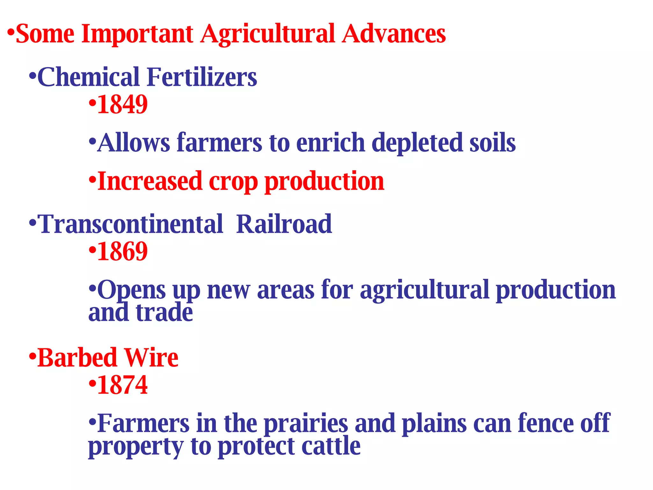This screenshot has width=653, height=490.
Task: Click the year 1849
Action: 122,104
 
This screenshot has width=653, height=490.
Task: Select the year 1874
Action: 122,385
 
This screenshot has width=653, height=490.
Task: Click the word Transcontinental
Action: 131,224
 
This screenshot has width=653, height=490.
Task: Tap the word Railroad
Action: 284,224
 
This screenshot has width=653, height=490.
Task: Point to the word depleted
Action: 417,143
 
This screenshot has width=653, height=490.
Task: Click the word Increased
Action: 150,181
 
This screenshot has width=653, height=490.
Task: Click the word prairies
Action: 306,424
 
